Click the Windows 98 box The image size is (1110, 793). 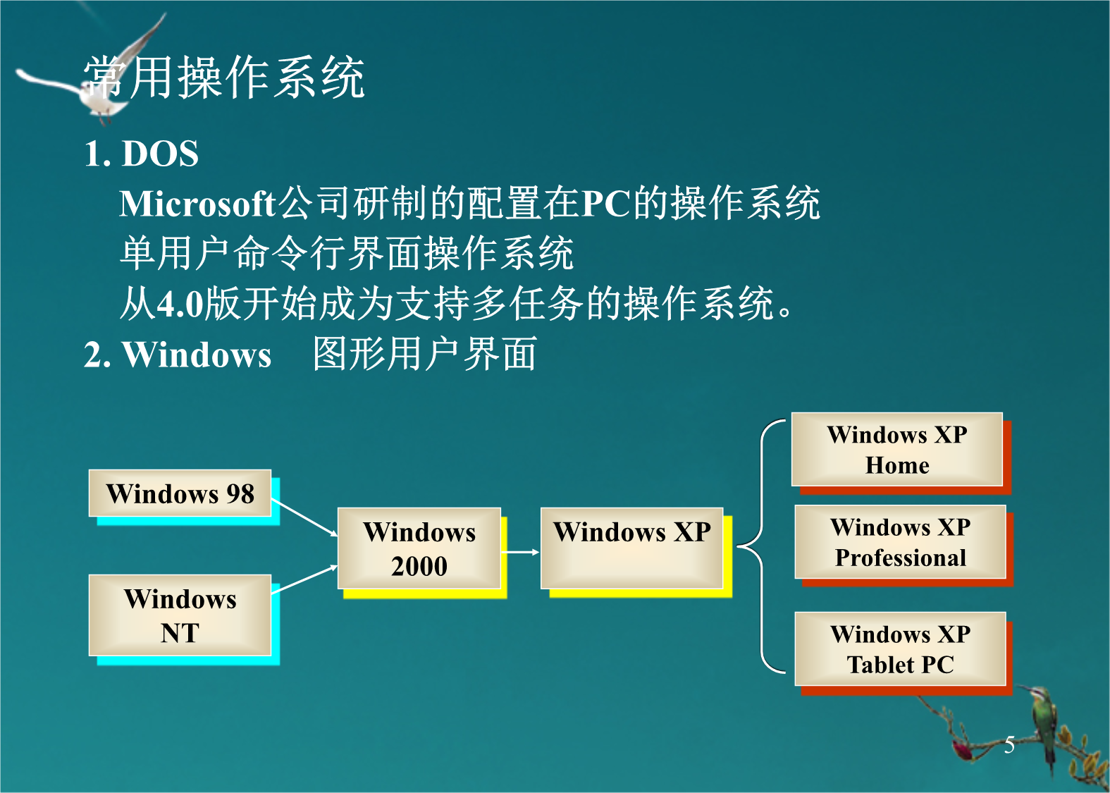(x=180, y=493)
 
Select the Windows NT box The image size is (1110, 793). (x=180, y=615)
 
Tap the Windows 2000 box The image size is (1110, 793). (x=419, y=548)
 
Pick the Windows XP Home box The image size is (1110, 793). (x=897, y=449)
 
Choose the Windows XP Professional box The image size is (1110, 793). (x=901, y=542)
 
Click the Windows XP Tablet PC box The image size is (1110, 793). (x=901, y=648)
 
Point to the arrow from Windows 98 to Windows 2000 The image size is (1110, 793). (x=304, y=517)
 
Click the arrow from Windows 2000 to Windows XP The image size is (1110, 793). (x=520, y=552)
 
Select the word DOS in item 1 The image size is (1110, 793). (x=160, y=153)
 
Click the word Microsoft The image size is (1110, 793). (x=197, y=204)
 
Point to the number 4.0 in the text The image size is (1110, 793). (x=180, y=304)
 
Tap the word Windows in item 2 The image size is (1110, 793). (x=197, y=355)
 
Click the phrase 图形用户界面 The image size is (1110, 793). (x=425, y=354)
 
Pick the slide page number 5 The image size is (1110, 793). (x=1009, y=745)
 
